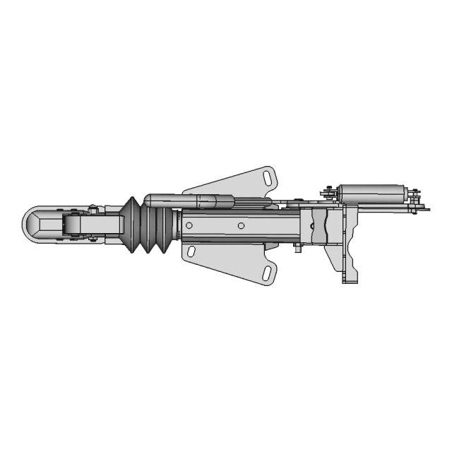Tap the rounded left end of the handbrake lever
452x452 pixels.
point(149,201)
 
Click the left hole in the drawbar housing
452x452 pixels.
point(189,225)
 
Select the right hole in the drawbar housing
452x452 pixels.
point(241,225)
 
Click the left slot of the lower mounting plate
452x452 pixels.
point(192,251)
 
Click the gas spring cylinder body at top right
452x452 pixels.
point(371,192)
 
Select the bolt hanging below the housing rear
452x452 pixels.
point(299,249)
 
